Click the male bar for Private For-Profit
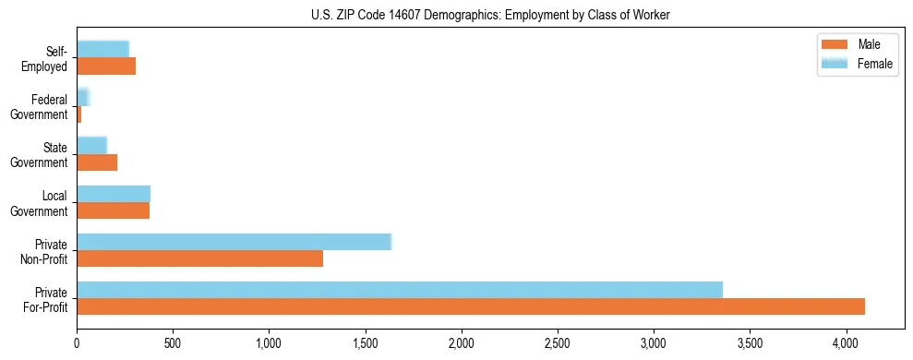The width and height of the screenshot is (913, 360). [471, 306]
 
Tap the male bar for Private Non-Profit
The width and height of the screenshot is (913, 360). [199, 258]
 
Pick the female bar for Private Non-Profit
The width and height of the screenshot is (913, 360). [234, 242]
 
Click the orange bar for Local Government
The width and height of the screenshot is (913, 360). [113, 210]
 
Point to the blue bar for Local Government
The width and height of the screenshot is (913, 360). [114, 194]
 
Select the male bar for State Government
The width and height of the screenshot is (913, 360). [97, 162]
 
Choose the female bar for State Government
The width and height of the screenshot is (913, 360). [91, 146]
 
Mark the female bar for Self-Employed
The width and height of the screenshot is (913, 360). [102, 50]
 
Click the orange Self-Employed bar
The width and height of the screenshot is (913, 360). [106, 66]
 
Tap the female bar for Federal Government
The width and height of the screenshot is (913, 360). [82, 98]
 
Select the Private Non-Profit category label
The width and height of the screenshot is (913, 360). [45, 251]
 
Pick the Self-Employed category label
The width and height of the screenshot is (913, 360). [46, 59]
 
